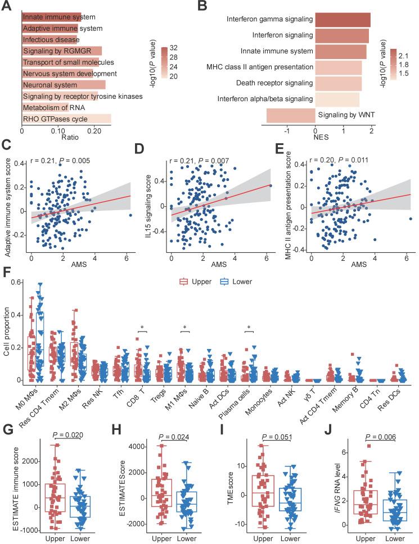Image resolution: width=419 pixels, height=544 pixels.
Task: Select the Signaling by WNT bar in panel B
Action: point(290,115)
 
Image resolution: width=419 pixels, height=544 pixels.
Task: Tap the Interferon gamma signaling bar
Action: point(343,20)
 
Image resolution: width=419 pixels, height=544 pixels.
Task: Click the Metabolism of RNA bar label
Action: point(44,107)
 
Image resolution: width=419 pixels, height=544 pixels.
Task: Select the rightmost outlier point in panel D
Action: point(271,185)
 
